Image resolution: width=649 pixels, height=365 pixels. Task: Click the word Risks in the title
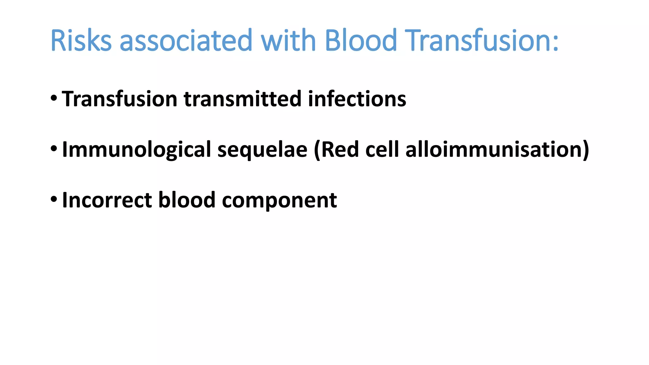click(81, 41)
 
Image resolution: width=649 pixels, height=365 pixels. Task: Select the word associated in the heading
click(186, 41)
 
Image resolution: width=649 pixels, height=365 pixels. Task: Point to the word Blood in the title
click(361, 41)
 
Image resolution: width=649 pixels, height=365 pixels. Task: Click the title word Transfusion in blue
click(479, 41)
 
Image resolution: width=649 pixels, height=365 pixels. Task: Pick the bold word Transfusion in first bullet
click(119, 99)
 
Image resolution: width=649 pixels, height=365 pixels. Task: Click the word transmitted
click(242, 99)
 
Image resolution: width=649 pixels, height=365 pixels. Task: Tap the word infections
click(357, 99)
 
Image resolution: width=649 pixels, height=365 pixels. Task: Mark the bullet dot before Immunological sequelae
click(54, 148)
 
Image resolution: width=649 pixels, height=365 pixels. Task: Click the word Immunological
click(136, 150)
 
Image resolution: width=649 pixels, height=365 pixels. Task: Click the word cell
click(382, 150)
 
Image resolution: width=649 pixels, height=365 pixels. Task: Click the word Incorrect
click(107, 200)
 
